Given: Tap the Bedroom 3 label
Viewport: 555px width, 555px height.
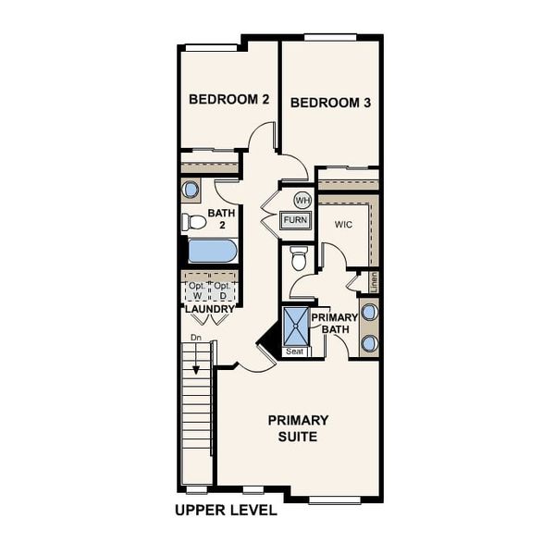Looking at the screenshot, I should [x=330, y=103].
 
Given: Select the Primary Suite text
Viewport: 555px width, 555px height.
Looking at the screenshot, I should [x=298, y=427].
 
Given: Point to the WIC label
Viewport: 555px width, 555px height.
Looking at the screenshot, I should [x=344, y=225].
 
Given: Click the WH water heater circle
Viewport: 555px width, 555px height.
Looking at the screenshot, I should [x=302, y=200].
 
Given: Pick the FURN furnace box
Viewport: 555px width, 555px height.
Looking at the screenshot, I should [x=296, y=220].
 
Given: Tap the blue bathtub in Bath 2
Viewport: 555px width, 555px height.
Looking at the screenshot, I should [x=213, y=251].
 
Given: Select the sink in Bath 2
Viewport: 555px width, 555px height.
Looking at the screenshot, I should [x=191, y=191].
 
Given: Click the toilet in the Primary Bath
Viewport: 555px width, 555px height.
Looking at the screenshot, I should [x=299, y=260].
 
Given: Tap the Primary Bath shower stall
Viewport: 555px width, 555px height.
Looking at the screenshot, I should [x=296, y=326].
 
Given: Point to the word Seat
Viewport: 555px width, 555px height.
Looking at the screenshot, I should [x=295, y=351].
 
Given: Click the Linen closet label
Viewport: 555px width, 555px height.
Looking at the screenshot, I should [x=374, y=281].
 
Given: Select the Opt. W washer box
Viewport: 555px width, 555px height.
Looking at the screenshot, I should [x=197, y=290].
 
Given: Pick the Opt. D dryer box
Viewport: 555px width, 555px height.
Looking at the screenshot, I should [x=223, y=290].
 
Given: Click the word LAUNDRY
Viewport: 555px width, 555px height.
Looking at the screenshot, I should [x=210, y=309].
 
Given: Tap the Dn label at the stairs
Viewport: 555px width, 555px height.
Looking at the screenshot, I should [x=195, y=339].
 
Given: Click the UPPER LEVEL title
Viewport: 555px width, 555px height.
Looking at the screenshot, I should [x=225, y=511].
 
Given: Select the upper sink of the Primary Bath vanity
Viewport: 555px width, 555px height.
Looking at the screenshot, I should [x=369, y=312].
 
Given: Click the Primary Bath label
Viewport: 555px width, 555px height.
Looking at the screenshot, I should [x=334, y=324].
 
